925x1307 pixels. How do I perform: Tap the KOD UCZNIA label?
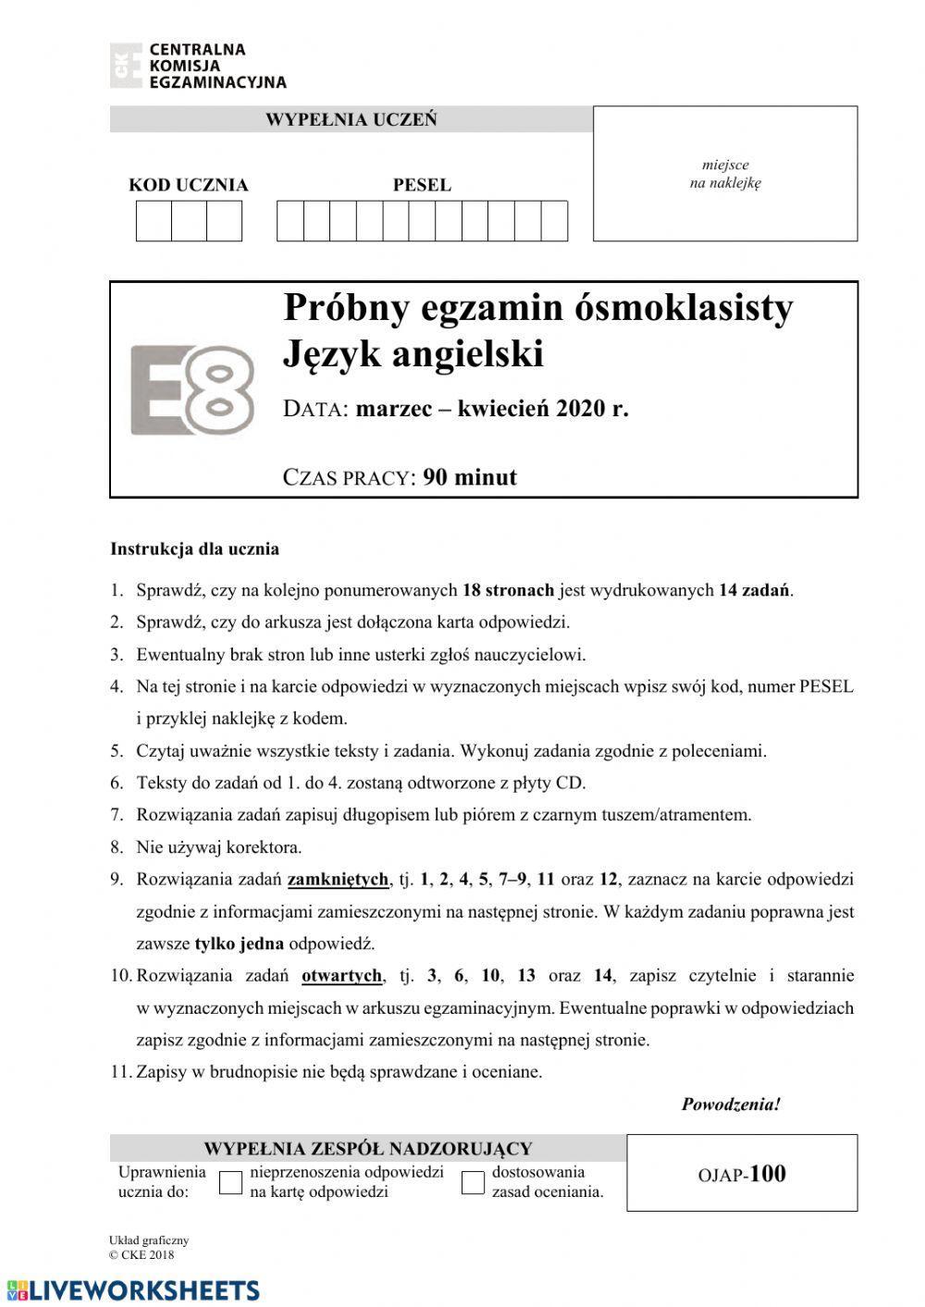point(188,185)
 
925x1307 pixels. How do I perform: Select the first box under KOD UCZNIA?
point(154,221)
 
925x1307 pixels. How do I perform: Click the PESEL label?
point(422,185)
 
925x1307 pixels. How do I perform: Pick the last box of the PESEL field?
point(554,221)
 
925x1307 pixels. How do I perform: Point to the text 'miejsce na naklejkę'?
point(725,174)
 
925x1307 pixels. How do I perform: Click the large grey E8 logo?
point(191,389)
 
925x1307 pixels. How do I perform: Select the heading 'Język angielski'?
point(413,354)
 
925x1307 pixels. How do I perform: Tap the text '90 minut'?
point(470,477)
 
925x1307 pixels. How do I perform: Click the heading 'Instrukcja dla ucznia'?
point(194,549)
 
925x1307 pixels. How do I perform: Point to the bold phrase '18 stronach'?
point(507,590)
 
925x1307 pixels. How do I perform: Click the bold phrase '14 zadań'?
point(755,590)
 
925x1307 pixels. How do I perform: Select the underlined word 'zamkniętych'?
point(338,879)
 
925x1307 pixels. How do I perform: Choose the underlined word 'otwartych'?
point(341,975)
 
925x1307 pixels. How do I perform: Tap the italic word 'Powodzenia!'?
point(731,1104)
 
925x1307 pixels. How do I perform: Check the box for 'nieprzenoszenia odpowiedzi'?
point(230,1182)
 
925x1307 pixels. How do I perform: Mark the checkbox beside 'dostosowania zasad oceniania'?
point(473,1182)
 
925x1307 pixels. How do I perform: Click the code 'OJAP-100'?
point(742,1174)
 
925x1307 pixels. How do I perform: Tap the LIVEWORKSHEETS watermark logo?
point(132,1290)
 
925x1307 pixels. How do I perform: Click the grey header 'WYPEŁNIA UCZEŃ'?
point(351,119)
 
